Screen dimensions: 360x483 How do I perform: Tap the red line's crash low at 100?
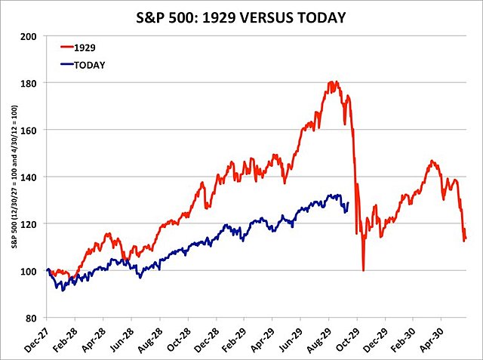point(363,270)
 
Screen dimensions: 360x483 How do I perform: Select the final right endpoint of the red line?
point(466,238)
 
